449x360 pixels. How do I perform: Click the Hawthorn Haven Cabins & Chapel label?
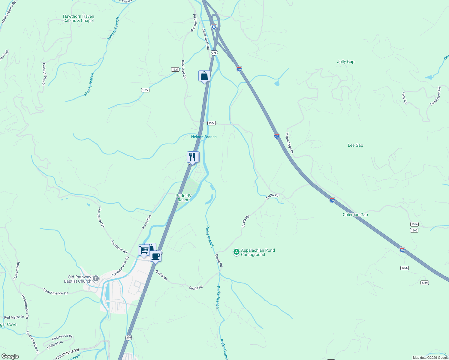(x=79, y=19)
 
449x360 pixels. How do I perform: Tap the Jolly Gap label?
(x=345, y=62)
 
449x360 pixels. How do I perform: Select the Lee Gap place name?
(x=355, y=145)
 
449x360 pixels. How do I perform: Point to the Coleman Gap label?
(x=355, y=215)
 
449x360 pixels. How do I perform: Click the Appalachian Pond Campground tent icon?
(x=237, y=252)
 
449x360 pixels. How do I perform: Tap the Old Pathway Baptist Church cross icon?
(x=96, y=279)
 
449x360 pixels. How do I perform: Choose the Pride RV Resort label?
(x=184, y=198)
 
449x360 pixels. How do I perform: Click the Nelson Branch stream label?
(x=204, y=137)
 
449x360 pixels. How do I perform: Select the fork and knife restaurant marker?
(x=192, y=157)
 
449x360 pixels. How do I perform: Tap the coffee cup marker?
(x=155, y=256)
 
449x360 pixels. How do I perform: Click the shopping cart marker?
(x=144, y=250)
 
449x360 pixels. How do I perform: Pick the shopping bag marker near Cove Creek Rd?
(x=204, y=76)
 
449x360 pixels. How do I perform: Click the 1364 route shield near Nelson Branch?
(x=212, y=123)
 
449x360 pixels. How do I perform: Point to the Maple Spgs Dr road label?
(x=289, y=143)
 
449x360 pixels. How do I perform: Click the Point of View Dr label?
(x=44, y=74)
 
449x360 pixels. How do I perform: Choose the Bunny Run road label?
(x=146, y=222)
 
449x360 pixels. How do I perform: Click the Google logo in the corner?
(x=10, y=356)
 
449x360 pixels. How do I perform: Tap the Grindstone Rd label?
(x=68, y=354)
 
